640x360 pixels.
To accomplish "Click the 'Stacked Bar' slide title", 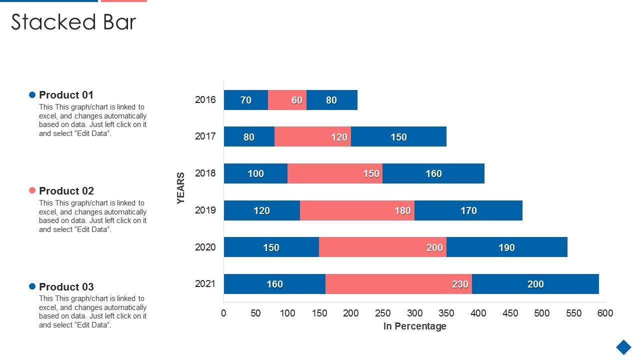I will tap(73, 22).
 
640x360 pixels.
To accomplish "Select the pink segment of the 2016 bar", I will tap(287, 100).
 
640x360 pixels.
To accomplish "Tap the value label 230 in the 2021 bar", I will tap(460, 284).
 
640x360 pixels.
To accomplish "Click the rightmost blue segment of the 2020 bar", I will tap(506, 247).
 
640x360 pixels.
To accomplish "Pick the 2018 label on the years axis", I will tap(205, 173).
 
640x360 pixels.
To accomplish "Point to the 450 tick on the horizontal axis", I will tap(510, 313).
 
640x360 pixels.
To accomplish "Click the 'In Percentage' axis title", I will tap(414, 326).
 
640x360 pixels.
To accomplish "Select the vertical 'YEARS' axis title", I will tap(180, 188).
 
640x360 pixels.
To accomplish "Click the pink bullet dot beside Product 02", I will tap(32, 190).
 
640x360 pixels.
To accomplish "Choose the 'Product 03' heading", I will tap(66, 286).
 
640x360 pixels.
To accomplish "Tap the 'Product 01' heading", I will tap(66, 95).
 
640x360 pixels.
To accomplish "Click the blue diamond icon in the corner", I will tap(623, 347).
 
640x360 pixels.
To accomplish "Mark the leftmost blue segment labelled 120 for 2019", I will tap(261, 210).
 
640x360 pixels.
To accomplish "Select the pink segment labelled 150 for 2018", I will tap(334, 173).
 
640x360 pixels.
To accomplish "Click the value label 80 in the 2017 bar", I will tap(248, 137).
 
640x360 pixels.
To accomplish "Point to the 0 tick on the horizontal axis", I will tap(223, 313).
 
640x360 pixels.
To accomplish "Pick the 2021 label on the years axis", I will tap(205, 283).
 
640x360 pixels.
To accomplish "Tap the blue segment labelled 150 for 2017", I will tap(398, 136).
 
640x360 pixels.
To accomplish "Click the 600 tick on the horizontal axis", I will tap(605, 313).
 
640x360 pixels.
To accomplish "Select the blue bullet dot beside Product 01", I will tap(32, 94).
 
